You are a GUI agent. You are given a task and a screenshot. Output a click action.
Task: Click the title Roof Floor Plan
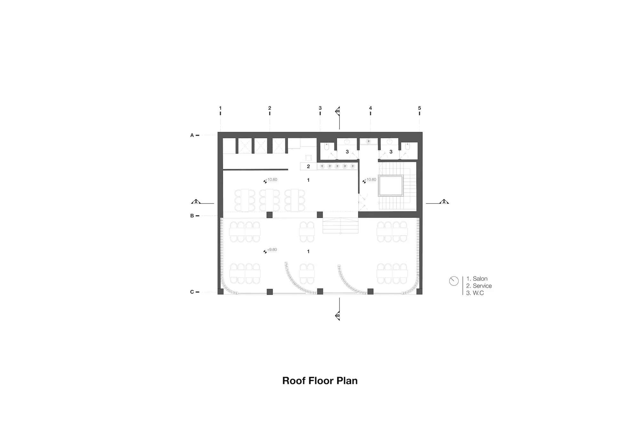(320, 381)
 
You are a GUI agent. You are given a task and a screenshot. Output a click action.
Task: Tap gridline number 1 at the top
(220, 108)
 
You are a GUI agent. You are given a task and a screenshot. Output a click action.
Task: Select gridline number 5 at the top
(420, 108)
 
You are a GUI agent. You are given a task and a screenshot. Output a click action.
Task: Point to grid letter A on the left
(192, 135)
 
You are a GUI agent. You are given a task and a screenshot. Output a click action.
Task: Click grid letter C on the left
(192, 292)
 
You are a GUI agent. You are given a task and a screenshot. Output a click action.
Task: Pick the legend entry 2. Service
(479, 286)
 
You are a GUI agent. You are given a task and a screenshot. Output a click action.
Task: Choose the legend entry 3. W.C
(475, 293)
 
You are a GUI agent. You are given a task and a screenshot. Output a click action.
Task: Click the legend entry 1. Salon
(477, 279)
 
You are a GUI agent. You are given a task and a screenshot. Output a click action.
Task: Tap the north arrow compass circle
(454, 281)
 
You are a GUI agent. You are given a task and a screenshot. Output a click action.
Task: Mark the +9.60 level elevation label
(272, 250)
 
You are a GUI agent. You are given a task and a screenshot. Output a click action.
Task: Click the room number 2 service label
(308, 166)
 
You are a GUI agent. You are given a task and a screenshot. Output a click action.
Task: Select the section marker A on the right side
(444, 202)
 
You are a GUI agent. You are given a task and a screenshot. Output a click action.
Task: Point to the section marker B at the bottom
(338, 316)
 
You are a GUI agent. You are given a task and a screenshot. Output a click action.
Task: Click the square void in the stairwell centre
(390, 185)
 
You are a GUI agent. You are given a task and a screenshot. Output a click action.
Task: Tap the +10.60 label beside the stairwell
(371, 180)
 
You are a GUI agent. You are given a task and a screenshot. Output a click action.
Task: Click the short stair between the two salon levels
(340, 225)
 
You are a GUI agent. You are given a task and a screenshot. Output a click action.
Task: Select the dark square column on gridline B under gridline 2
(269, 215)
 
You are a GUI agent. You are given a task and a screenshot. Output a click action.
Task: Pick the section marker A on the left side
(196, 202)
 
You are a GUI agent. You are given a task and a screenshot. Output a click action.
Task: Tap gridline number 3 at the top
(320, 108)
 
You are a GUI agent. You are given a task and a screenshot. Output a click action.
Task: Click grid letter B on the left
(192, 216)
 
